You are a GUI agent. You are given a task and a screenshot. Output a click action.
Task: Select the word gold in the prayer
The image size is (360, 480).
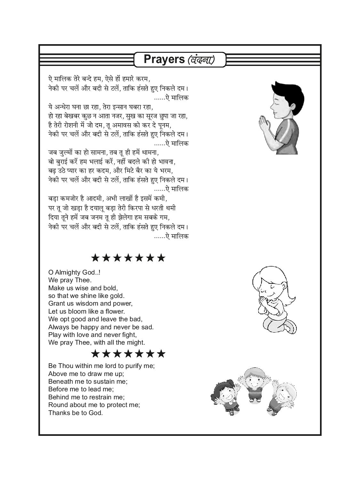[117, 296]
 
